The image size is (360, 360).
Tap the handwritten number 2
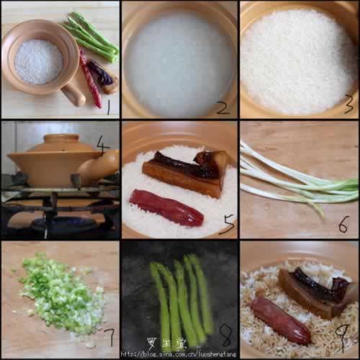[223, 108]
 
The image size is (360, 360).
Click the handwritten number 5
[227, 226]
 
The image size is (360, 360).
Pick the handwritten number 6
[343, 224]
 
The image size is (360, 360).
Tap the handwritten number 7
[109, 336]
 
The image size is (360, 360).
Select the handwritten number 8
[225, 335]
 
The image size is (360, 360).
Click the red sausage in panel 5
[166, 208]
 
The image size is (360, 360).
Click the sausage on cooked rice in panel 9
[282, 319]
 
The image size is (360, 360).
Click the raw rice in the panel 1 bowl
[38, 61]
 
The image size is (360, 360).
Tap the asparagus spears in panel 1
[92, 36]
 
